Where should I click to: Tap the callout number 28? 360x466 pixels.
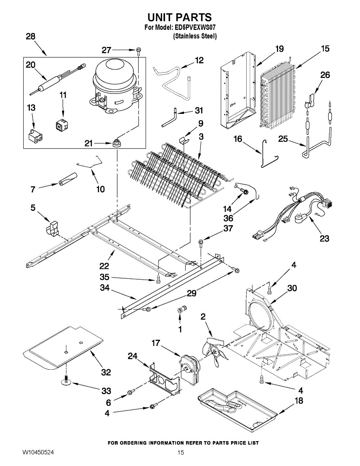30,37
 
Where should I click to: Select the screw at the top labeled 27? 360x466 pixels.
139,50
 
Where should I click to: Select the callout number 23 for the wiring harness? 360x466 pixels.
324,238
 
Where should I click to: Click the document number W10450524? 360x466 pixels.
38,453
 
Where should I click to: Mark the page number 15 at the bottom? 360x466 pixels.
181,453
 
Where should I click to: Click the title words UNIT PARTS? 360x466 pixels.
179,17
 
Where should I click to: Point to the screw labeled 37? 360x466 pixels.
200,243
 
